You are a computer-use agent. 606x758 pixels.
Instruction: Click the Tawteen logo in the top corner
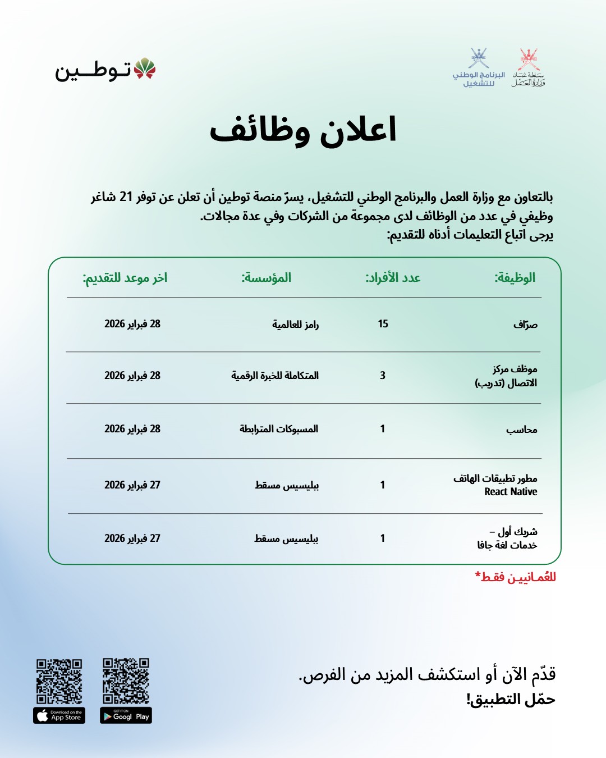click(105, 70)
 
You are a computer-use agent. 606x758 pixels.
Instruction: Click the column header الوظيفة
click(515, 277)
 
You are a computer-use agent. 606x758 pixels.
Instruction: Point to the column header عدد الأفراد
click(393, 277)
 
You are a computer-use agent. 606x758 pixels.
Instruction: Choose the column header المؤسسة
click(266, 277)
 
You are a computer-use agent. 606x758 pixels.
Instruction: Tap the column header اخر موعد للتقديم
click(125, 277)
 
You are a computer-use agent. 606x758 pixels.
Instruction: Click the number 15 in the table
click(383, 324)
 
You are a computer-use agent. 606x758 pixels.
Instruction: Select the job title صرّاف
click(525, 325)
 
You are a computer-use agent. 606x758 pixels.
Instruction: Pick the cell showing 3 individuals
click(383, 376)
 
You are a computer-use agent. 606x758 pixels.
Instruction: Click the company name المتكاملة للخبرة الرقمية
click(275, 376)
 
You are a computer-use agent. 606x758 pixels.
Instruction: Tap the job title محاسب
click(521, 430)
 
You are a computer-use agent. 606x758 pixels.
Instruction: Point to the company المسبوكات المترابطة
click(279, 429)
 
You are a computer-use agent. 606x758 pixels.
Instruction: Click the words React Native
click(511, 492)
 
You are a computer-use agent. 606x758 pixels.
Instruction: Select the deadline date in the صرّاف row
click(132, 324)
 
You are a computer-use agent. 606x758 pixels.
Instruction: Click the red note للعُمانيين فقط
click(515, 577)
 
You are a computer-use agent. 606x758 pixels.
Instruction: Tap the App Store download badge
click(59, 716)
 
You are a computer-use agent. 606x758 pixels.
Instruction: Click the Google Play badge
click(126, 716)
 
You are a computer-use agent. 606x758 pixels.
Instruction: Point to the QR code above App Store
click(59, 681)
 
